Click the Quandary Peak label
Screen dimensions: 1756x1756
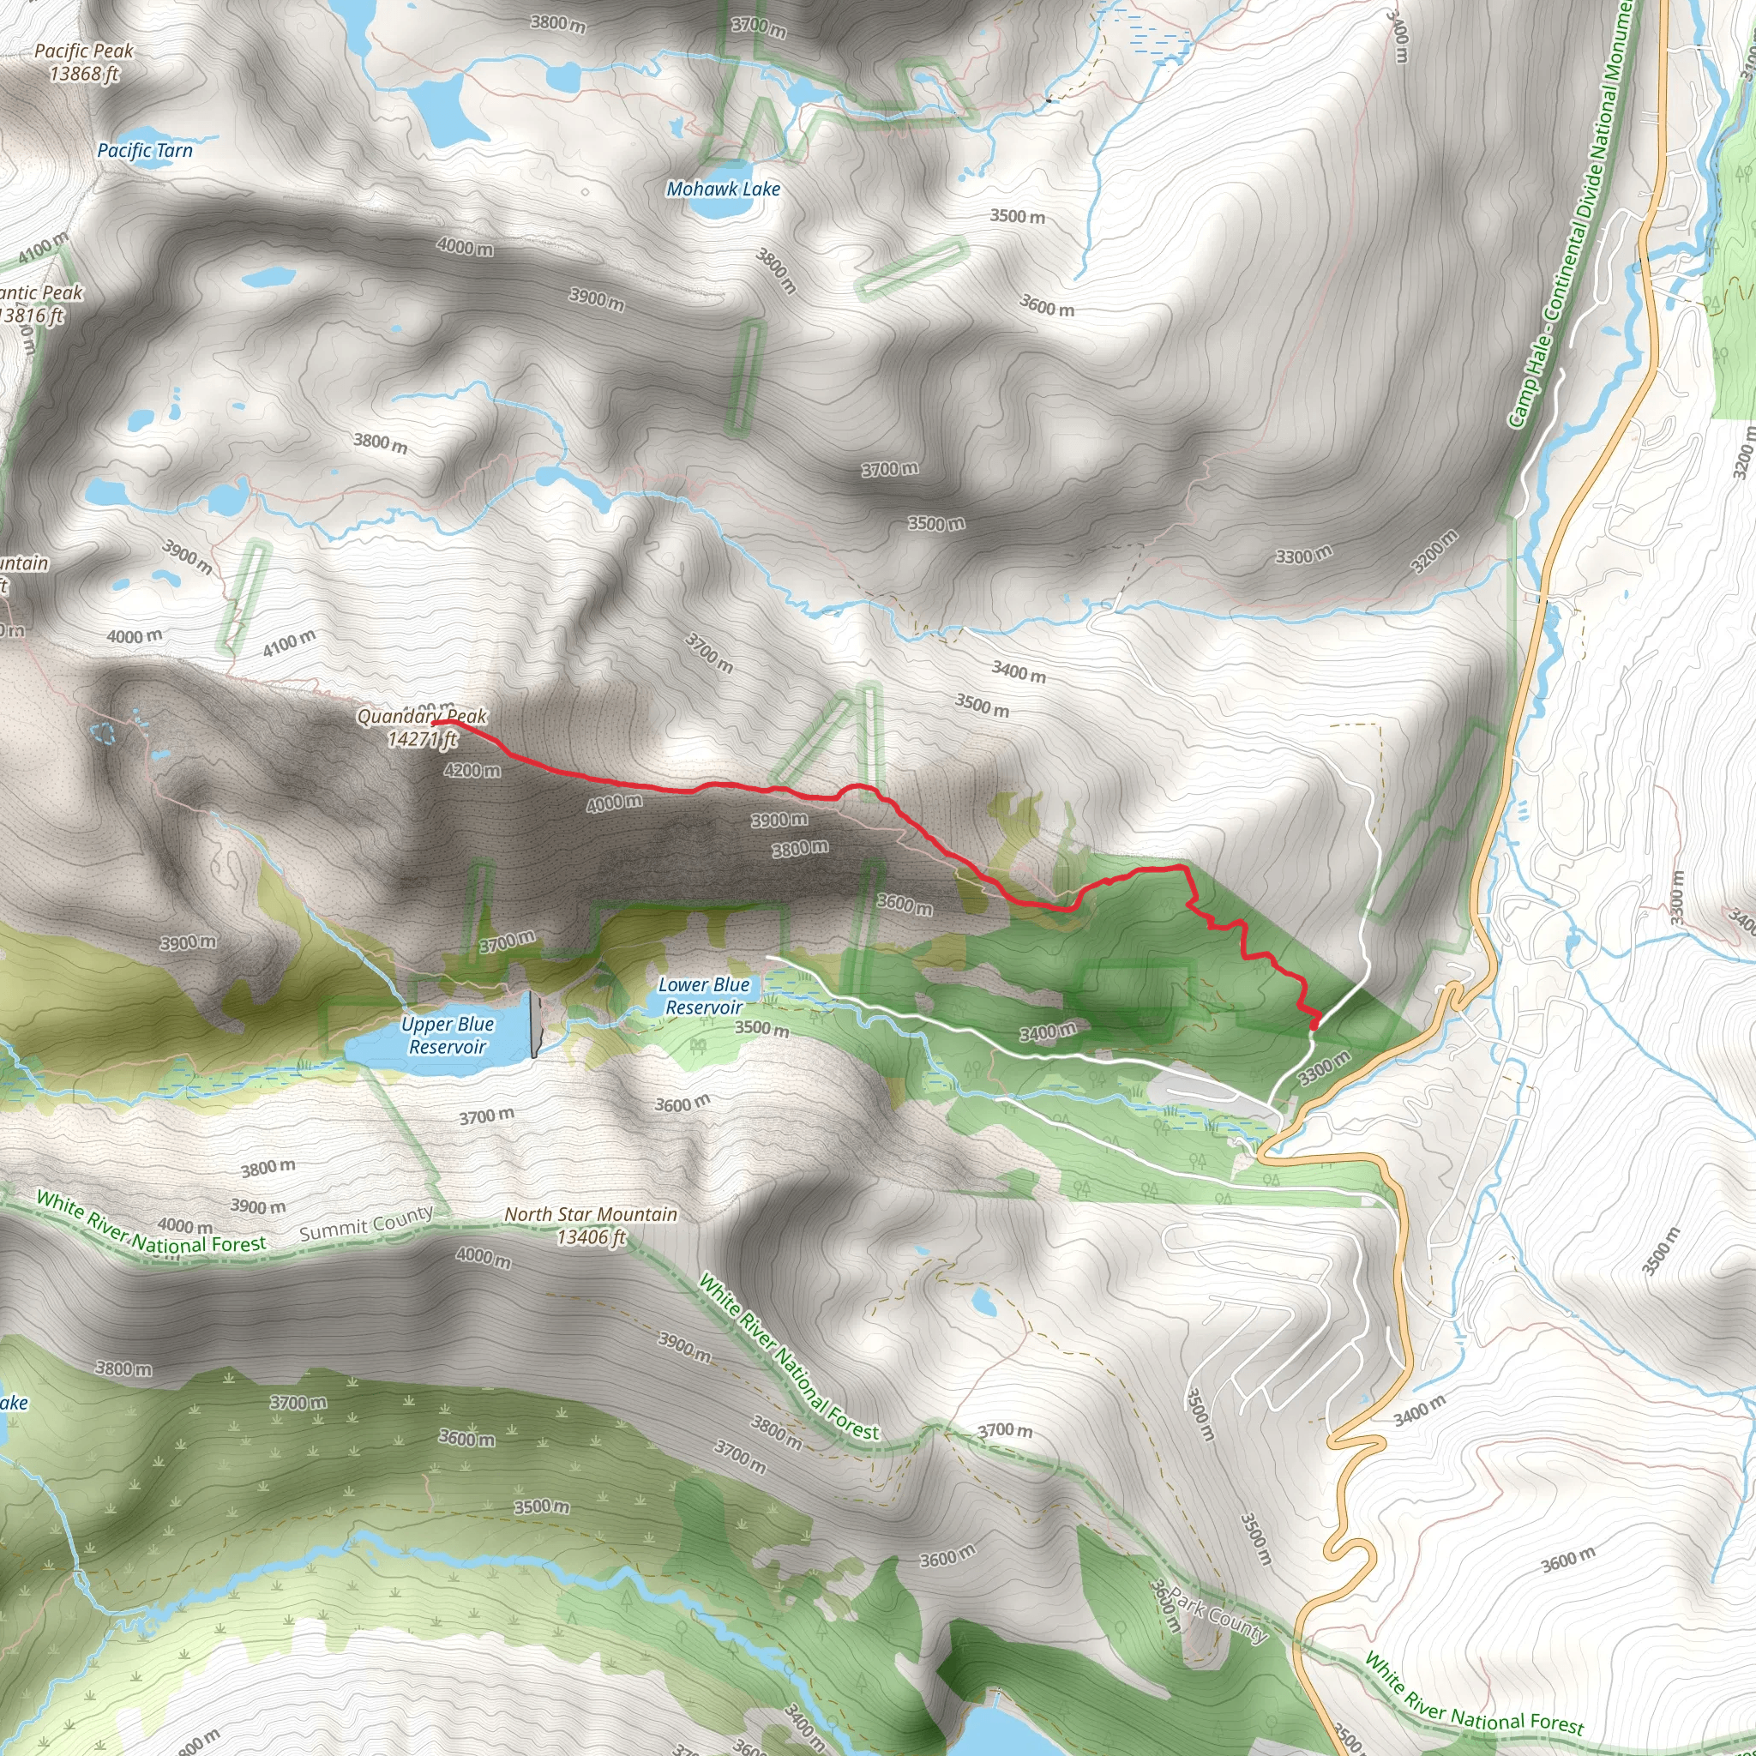pos(422,716)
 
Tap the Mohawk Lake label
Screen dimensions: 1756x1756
pos(723,189)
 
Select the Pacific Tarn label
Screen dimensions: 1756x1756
pos(146,150)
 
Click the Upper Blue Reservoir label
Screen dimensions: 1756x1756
pos(448,1035)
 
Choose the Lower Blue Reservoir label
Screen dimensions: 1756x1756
pos(705,996)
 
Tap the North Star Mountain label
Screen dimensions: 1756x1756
pos(591,1214)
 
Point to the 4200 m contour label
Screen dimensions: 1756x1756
pos(472,771)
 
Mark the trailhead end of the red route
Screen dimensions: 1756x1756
pos(1315,1026)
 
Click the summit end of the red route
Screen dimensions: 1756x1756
pos(437,723)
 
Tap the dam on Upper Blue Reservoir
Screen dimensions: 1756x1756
pos(534,1025)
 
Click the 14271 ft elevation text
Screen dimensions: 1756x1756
pos(422,739)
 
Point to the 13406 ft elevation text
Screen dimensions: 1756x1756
pos(592,1237)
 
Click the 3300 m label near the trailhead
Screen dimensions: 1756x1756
pos(1323,1069)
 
